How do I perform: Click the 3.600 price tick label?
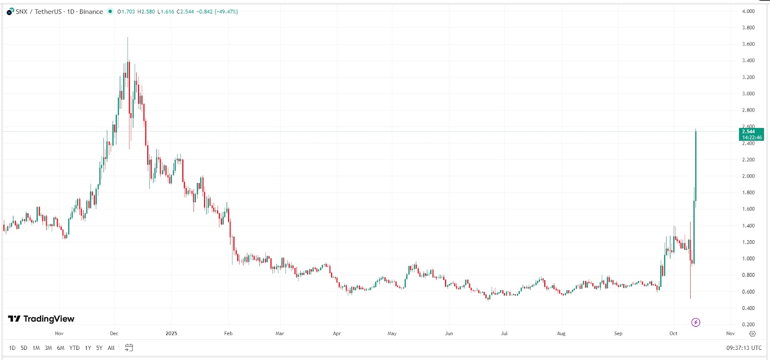click(748, 44)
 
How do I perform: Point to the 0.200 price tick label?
click(748, 324)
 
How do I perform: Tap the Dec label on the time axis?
click(114, 333)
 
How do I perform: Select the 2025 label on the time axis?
click(171, 333)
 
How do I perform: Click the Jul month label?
click(504, 333)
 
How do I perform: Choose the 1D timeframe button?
click(12, 348)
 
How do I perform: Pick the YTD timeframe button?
click(74, 348)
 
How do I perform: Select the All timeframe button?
click(111, 348)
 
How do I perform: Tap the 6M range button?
click(61, 348)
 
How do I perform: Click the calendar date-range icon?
click(128, 347)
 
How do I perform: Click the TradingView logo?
click(41, 319)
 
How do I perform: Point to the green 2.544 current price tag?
click(751, 134)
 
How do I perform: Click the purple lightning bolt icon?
click(695, 322)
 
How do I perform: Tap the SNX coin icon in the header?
click(10, 12)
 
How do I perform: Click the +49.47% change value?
click(227, 12)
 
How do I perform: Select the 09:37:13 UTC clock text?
click(744, 348)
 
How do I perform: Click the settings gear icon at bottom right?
click(753, 334)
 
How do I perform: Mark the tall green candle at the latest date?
click(696, 166)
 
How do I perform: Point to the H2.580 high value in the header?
click(146, 12)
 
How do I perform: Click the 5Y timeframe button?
click(99, 348)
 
